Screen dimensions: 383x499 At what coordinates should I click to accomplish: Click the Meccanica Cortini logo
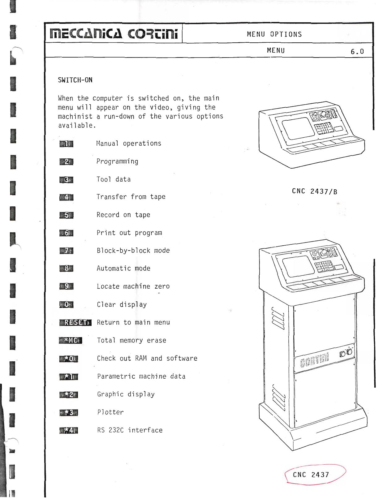(114, 34)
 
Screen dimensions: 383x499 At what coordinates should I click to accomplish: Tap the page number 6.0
(357, 51)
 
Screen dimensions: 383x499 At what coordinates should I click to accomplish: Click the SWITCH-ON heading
(75, 80)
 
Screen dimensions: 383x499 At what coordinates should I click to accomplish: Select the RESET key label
(75, 322)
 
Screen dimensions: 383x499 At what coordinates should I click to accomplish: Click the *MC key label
(71, 340)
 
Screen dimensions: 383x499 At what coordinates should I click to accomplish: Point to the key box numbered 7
(66, 251)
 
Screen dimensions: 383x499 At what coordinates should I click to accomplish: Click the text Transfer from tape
(131, 197)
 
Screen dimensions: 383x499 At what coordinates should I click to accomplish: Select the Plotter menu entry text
(110, 412)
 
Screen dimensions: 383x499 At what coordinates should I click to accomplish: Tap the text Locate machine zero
(133, 286)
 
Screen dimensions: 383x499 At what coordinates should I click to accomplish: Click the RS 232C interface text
(130, 430)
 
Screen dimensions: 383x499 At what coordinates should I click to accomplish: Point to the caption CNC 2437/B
(315, 191)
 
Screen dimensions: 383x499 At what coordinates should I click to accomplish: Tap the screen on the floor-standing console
(299, 266)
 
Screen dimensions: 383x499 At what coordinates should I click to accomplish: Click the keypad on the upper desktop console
(324, 128)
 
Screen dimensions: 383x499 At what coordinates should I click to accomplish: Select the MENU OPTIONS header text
(274, 34)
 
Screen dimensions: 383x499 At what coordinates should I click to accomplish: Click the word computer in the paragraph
(107, 98)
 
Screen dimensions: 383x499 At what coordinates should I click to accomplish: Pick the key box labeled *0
(69, 359)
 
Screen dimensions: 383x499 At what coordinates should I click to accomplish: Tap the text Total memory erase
(131, 340)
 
